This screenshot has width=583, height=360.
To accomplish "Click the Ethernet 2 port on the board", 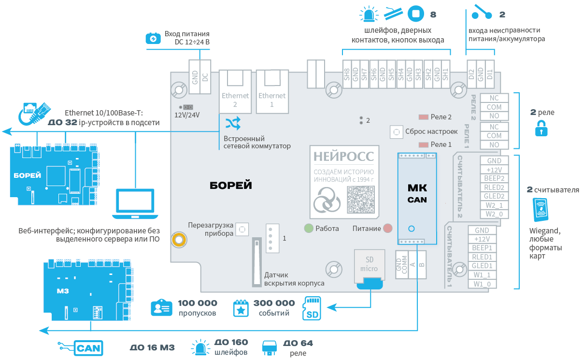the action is point(235,92).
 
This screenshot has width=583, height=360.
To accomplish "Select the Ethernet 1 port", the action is point(272,92).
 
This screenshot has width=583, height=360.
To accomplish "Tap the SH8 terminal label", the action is point(347,74).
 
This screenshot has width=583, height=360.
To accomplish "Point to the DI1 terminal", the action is point(490,74).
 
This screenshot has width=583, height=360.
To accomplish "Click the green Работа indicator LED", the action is point(309,228).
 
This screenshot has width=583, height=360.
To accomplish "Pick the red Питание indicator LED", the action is point(388,228).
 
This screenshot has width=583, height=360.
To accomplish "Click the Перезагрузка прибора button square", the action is point(242,230).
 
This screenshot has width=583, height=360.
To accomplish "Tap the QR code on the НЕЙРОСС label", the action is point(361,200).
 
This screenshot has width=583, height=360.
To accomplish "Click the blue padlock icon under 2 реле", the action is point(541,129).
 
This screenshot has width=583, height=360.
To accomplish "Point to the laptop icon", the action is point(135,204).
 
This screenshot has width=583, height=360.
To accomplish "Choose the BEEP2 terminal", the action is point(494,178).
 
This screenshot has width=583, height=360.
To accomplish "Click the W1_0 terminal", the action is point(482,284).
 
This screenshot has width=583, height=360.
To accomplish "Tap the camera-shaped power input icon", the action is point(153,38).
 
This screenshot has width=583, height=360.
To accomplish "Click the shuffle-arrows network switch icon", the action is point(233,123).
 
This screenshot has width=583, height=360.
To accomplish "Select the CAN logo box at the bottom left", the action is point(88,348).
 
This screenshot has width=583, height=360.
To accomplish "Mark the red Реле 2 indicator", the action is point(424,117).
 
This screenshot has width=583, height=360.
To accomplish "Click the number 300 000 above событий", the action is point(274,303).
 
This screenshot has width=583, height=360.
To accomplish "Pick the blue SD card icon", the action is point(312,308).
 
